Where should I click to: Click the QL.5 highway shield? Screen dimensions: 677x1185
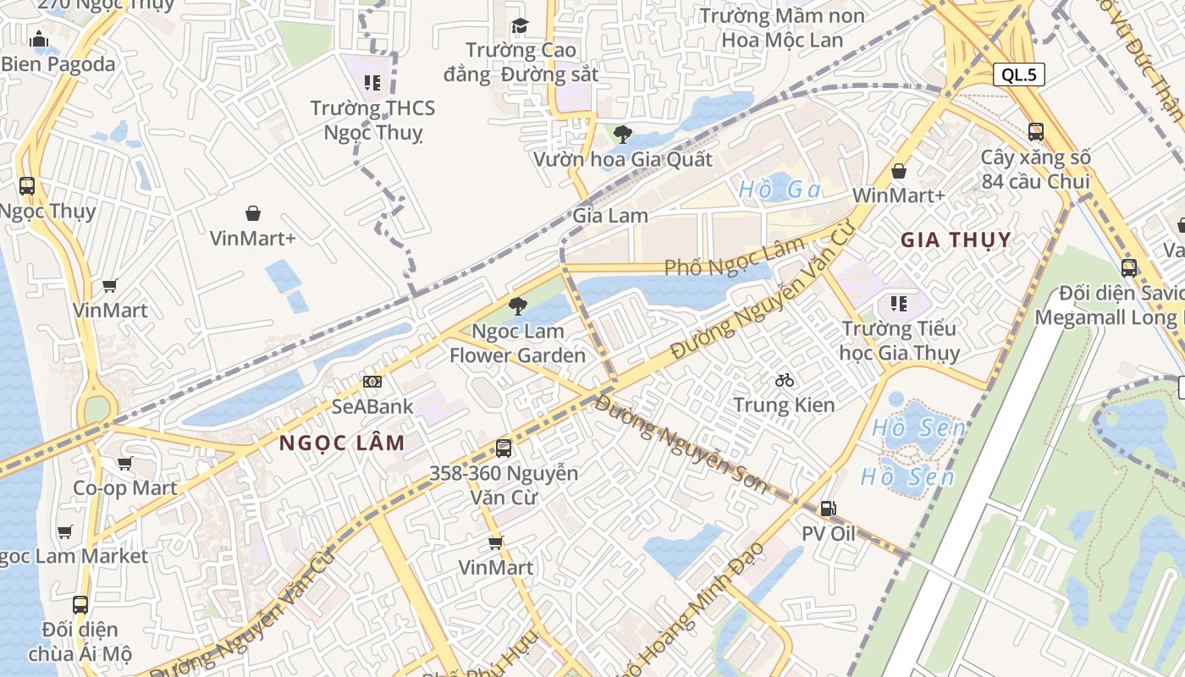tap(1019, 74)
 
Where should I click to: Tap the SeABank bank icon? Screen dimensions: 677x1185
tap(372, 382)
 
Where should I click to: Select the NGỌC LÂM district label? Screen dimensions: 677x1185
tap(342, 443)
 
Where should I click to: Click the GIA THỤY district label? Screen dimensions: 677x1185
tap(956, 239)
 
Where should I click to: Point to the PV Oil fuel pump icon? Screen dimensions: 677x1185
tap(829, 509)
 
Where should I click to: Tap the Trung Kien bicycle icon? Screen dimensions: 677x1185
tap(785, 380)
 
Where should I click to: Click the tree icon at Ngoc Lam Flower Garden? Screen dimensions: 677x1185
tap(517, 305)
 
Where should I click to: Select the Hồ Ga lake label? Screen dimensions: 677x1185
tap(780, 190)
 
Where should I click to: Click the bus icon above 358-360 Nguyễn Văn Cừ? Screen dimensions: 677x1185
tap(504, 448)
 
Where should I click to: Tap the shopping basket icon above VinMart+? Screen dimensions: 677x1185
tap(252, 213)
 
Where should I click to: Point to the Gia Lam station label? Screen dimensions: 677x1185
tap(610, 215)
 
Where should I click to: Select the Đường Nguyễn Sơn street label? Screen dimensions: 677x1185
tap(681, 443)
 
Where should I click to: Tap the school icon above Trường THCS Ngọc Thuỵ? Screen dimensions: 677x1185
tap(372, 83)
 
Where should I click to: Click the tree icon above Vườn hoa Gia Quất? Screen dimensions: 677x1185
tap(623, 134)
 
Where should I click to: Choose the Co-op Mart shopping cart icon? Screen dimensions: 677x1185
tap(125, 463)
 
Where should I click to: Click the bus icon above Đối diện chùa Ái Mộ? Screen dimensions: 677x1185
tap(80, 605)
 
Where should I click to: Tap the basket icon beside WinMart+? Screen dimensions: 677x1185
tap(898, 172)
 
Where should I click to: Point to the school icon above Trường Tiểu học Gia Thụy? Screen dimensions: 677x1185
tap(899, 303)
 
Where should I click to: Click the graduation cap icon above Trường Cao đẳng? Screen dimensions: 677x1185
tap(520, 25)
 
